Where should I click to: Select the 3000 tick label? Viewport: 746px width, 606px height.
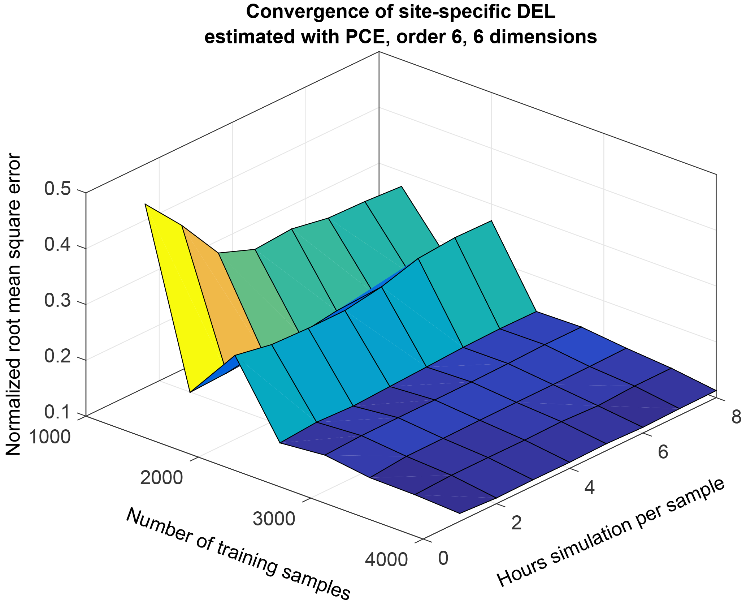[274, 519]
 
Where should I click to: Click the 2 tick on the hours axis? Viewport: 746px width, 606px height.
[517, 523]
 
